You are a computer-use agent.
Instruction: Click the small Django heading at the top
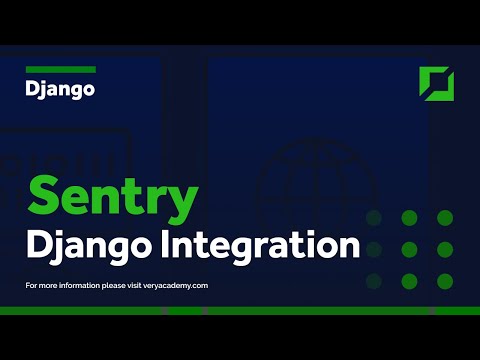[x=60, y=89]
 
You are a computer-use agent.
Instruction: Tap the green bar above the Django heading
[x=60, y=69]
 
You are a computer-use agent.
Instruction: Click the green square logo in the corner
[x=436, y=84]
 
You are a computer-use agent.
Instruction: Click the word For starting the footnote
[x=31, y=286]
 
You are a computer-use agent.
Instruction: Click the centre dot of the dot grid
[x=409, y=248]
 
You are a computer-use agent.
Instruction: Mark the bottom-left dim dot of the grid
[x=375, y=279]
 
